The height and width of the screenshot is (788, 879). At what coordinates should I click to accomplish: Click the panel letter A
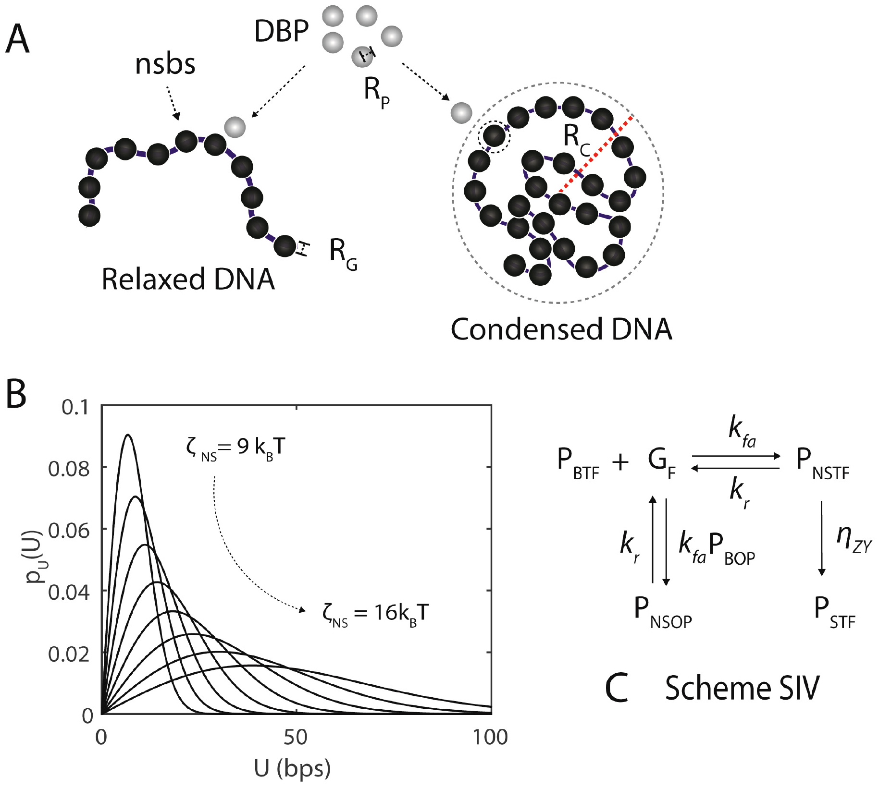17,39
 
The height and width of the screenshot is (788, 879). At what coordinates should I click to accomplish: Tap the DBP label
281,32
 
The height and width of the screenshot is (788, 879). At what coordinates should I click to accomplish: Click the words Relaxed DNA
188,279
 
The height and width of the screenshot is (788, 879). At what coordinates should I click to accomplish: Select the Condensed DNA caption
561,329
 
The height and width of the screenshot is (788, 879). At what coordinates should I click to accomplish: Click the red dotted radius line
596,154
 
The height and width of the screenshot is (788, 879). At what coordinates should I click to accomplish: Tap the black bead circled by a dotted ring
494,136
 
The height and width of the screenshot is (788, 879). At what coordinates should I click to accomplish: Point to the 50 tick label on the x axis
295,737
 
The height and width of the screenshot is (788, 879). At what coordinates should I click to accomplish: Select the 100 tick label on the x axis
490,737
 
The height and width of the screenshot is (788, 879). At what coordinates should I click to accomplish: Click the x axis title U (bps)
292,768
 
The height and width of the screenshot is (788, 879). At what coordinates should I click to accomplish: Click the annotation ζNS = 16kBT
375,614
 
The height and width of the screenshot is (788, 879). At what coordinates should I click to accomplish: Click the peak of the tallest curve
128,435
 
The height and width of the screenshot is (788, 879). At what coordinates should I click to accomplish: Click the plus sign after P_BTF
620,462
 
